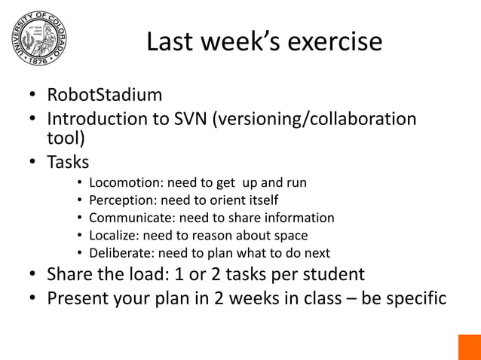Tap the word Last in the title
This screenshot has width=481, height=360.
click(x=173, y=41)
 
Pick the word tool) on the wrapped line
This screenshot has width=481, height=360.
click(x=66, y=139)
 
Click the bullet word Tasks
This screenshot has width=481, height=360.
click(x=68, y=162)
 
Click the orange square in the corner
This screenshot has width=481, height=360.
click(x=469, y=347)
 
